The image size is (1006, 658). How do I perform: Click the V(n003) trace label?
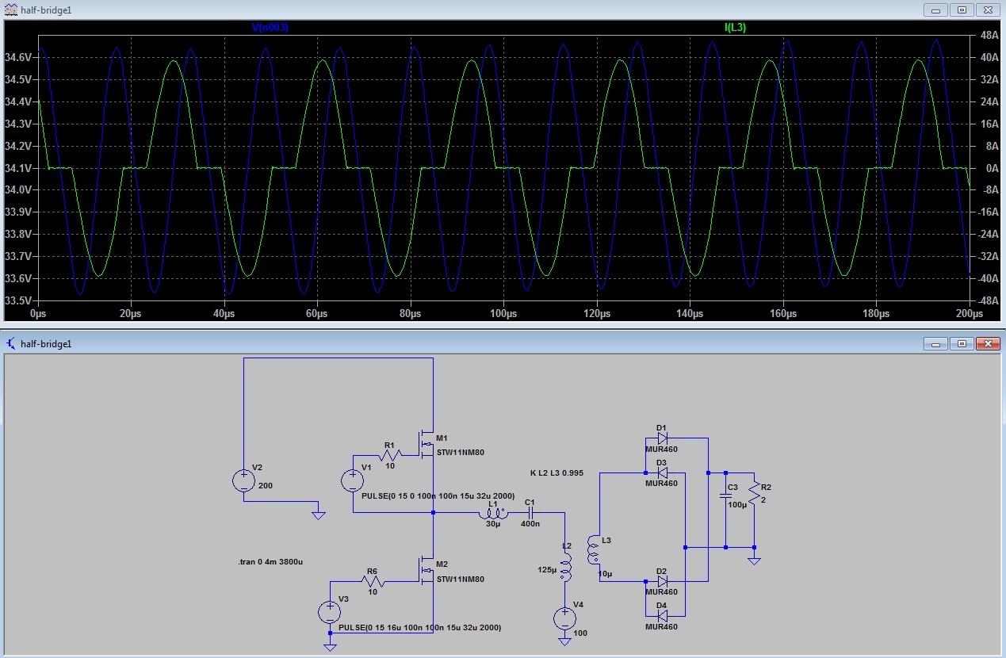(270, 28)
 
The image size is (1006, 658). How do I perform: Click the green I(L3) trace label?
(735, 28)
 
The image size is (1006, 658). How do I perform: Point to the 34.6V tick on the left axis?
(18, 57)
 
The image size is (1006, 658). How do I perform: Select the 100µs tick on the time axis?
(503, 313)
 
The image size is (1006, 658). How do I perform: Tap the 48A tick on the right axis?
(989, 35)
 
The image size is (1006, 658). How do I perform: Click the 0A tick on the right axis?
(992, 168)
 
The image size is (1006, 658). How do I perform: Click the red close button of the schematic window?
(988, 344)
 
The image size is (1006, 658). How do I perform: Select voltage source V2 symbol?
(244, 480)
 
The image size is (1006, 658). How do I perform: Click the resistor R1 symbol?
(390, 455)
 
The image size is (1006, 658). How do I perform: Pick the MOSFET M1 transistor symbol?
(426, 445)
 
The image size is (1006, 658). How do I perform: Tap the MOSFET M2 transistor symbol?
(426, 572)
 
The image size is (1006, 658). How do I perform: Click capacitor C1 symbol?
(530, 512)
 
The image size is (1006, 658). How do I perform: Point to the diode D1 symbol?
(662, 438)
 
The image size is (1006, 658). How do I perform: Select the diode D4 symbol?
(662, 616)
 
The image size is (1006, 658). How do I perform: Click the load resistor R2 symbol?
(755, 493)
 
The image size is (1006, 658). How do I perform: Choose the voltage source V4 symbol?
(565, 618)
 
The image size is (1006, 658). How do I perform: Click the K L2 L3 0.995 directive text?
(557, 473)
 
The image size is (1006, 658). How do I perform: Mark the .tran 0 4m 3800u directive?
(270, 562)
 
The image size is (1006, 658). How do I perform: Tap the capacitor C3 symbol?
(725, 495)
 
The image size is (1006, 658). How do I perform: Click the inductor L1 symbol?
(493, 513)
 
